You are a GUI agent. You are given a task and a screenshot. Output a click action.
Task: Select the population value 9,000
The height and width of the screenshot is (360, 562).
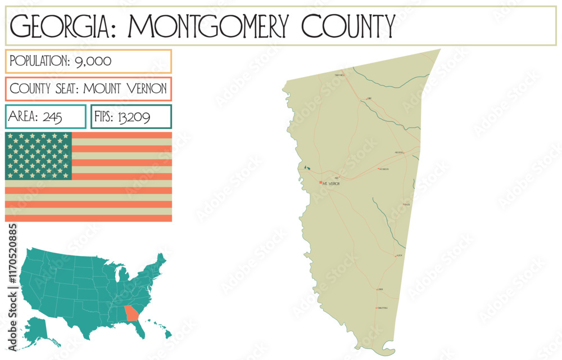pyautogui.click(x=93, y=61)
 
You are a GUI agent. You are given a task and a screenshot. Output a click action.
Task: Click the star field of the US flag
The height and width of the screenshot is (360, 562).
pyautogui.click(x=38, y=156)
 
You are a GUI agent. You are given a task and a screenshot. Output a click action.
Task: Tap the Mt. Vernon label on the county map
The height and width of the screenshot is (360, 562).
pyautogui.click(x=332, y=183)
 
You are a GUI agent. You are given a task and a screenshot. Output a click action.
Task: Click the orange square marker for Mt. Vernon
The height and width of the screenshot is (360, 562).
pyautogui.click(x=321, y=182)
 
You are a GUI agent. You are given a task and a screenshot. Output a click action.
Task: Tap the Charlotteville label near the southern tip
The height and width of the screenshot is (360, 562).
pyautogui.click(x=382, y=308)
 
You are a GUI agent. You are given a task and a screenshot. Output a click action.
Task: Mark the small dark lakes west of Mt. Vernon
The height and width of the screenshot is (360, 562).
pyautogui.click(x=306, y=168)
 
